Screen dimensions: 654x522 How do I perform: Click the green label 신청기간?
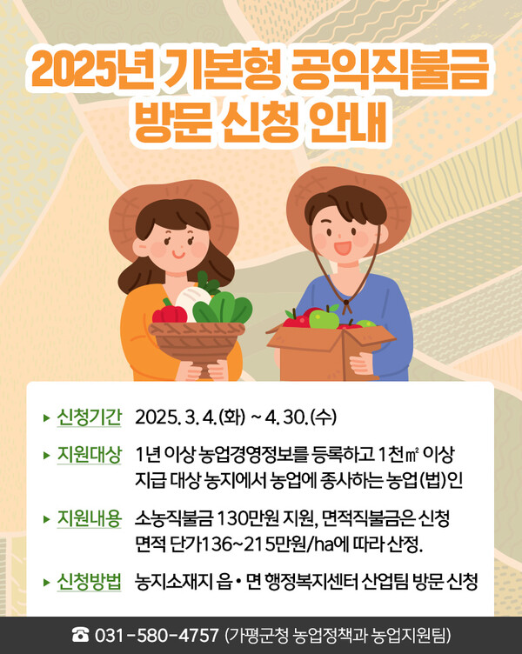[x=89, y=417]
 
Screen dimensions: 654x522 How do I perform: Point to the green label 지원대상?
[x=89, y=456]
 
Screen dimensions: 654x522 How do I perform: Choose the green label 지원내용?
[x=89, y=518]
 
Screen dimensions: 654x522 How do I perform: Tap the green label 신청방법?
[x=89, y=580]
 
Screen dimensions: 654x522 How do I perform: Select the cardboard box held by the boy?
[x=331, y=348]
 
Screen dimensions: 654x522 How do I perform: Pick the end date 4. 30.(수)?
[x=300, y=417]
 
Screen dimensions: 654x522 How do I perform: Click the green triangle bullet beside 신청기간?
[x=46, y=417]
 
